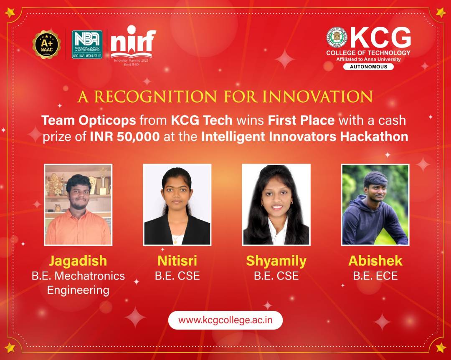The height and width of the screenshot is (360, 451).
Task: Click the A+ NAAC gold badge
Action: coord(47,45)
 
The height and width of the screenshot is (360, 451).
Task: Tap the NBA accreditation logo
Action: coord(87,45)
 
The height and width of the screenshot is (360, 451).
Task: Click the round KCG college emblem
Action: coord(337,38)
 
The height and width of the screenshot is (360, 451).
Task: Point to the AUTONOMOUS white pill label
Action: coord(368,67)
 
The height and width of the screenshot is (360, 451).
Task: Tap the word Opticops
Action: coord(107,121)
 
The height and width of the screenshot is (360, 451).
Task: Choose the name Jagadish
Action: coord(78,261)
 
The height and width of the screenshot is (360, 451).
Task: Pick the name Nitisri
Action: coord(177,261)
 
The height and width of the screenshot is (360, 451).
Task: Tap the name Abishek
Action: coord(375,261)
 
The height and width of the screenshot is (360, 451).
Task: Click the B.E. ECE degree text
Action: coord(375,276)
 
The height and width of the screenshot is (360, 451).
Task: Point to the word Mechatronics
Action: coord(89,276)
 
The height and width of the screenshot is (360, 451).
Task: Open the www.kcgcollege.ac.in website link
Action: coord(225,320)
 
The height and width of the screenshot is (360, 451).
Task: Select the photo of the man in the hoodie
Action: coord(375,205)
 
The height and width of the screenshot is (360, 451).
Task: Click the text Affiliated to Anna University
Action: coord(368,60)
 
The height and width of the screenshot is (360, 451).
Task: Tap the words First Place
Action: coord(301,121)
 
